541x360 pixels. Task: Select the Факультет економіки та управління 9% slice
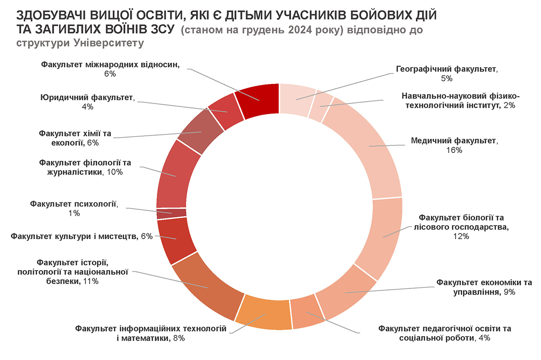pos(347,293)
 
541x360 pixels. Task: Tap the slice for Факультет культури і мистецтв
pos(176,239)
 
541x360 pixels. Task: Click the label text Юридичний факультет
pos(87,97)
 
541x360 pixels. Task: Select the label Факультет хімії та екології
pos(74,138)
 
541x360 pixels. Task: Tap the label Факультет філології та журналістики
pos(86,167)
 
